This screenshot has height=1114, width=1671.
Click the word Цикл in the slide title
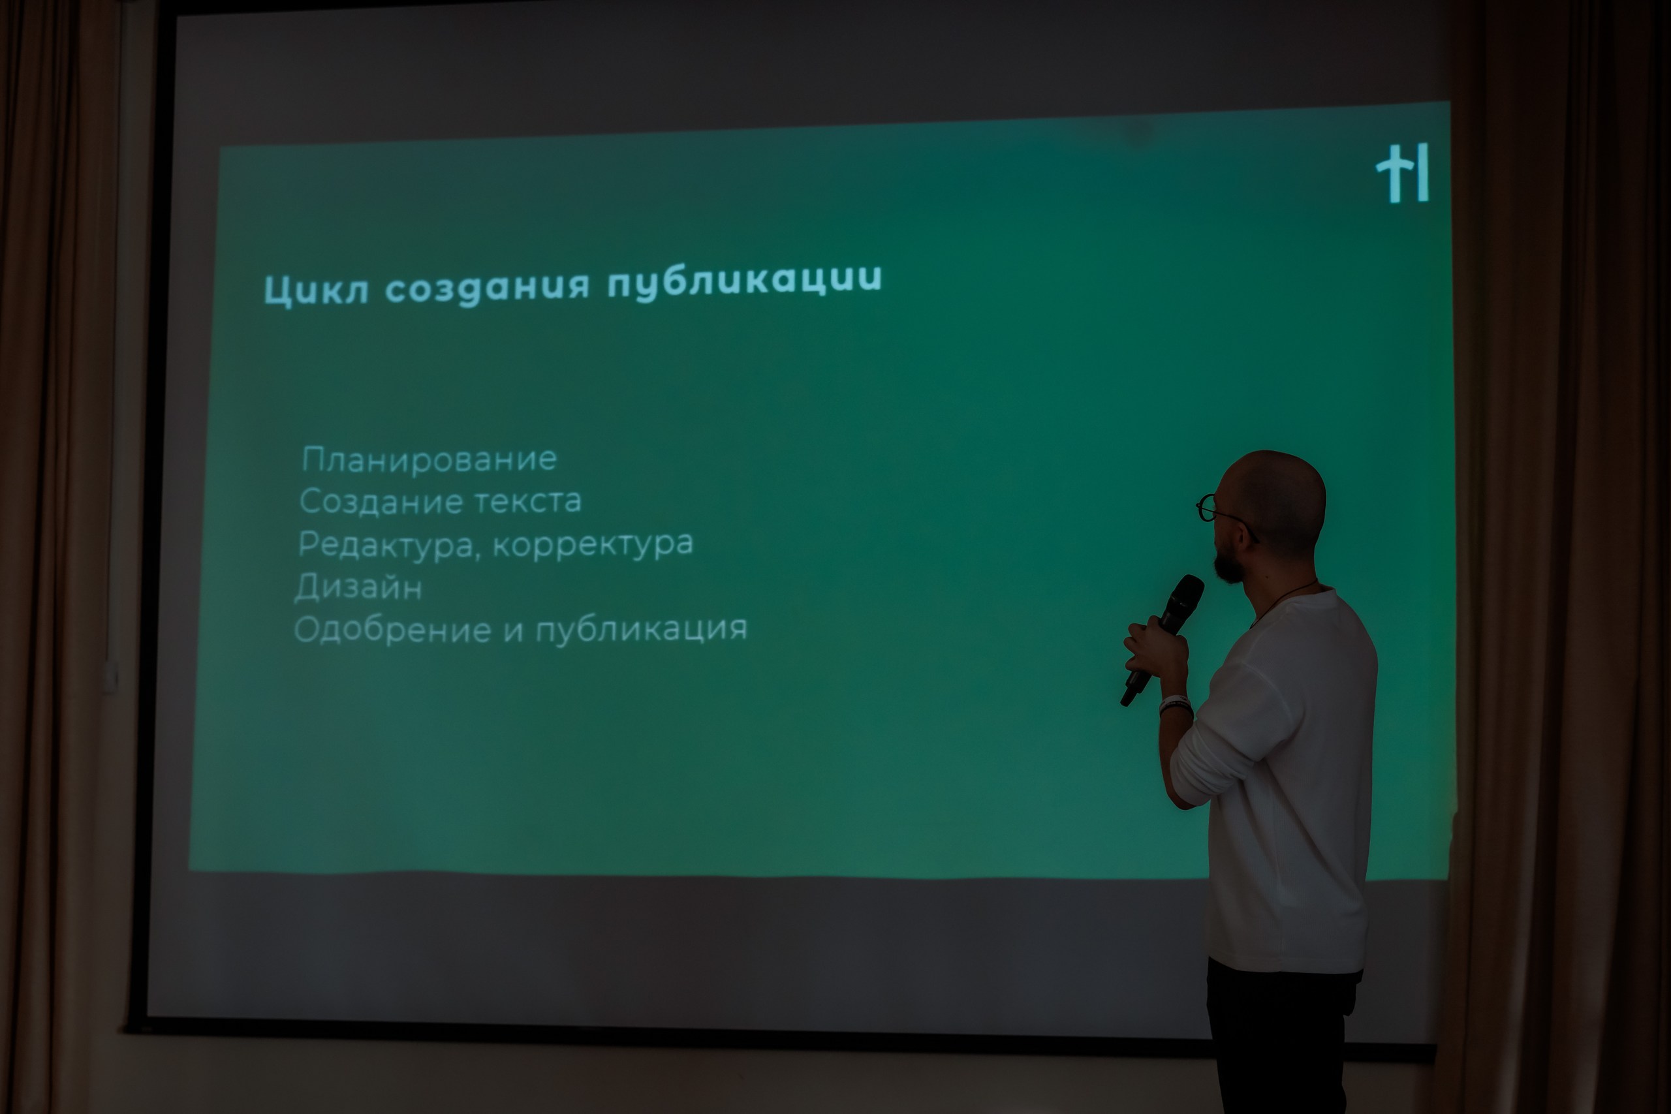tap(316, 290)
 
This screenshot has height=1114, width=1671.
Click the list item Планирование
tap(429, 459)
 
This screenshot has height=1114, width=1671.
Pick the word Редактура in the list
tap(388, 546)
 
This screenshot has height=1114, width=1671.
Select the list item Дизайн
tap(359, 587)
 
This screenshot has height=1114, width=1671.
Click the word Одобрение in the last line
tap(392, 630)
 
